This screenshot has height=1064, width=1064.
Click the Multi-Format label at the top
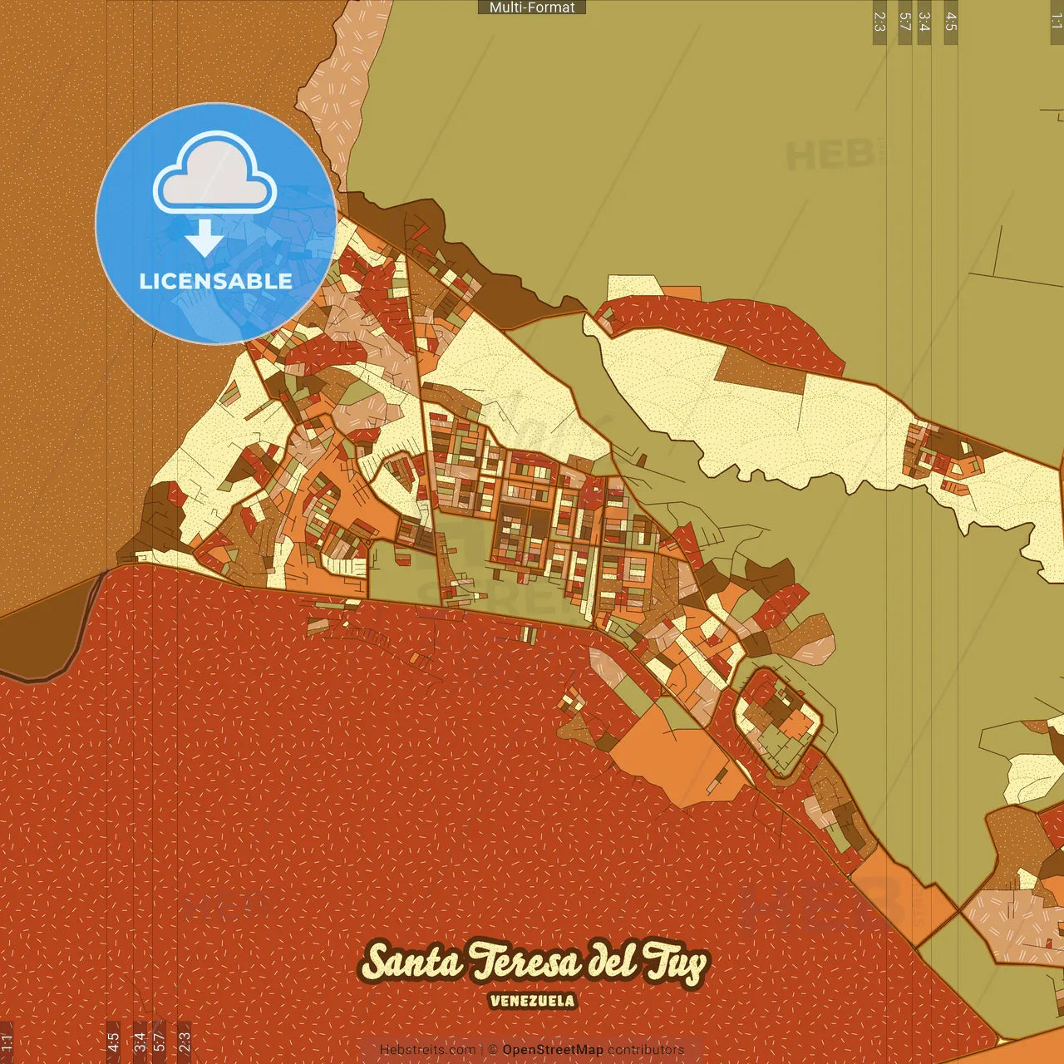(532, 7)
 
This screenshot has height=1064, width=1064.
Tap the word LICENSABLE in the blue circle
(215, 281)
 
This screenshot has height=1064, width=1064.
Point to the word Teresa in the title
(525, 963)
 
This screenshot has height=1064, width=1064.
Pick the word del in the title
(612, 961)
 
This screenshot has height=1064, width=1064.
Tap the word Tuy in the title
(677, 964)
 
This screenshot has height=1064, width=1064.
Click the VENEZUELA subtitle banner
(532, 1001)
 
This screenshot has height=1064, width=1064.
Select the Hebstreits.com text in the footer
(427, 1050)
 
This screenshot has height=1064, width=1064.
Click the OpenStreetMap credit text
(552, 1050)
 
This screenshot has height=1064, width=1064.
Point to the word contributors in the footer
(646, 1050)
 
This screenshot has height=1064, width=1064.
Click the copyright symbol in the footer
(493, 1050)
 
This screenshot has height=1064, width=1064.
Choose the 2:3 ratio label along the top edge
(879, 22)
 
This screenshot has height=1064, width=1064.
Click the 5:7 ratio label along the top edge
(905, 22)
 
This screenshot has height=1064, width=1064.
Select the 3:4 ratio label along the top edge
(924, 22)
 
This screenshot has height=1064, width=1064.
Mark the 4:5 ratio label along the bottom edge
(113, 1042)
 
